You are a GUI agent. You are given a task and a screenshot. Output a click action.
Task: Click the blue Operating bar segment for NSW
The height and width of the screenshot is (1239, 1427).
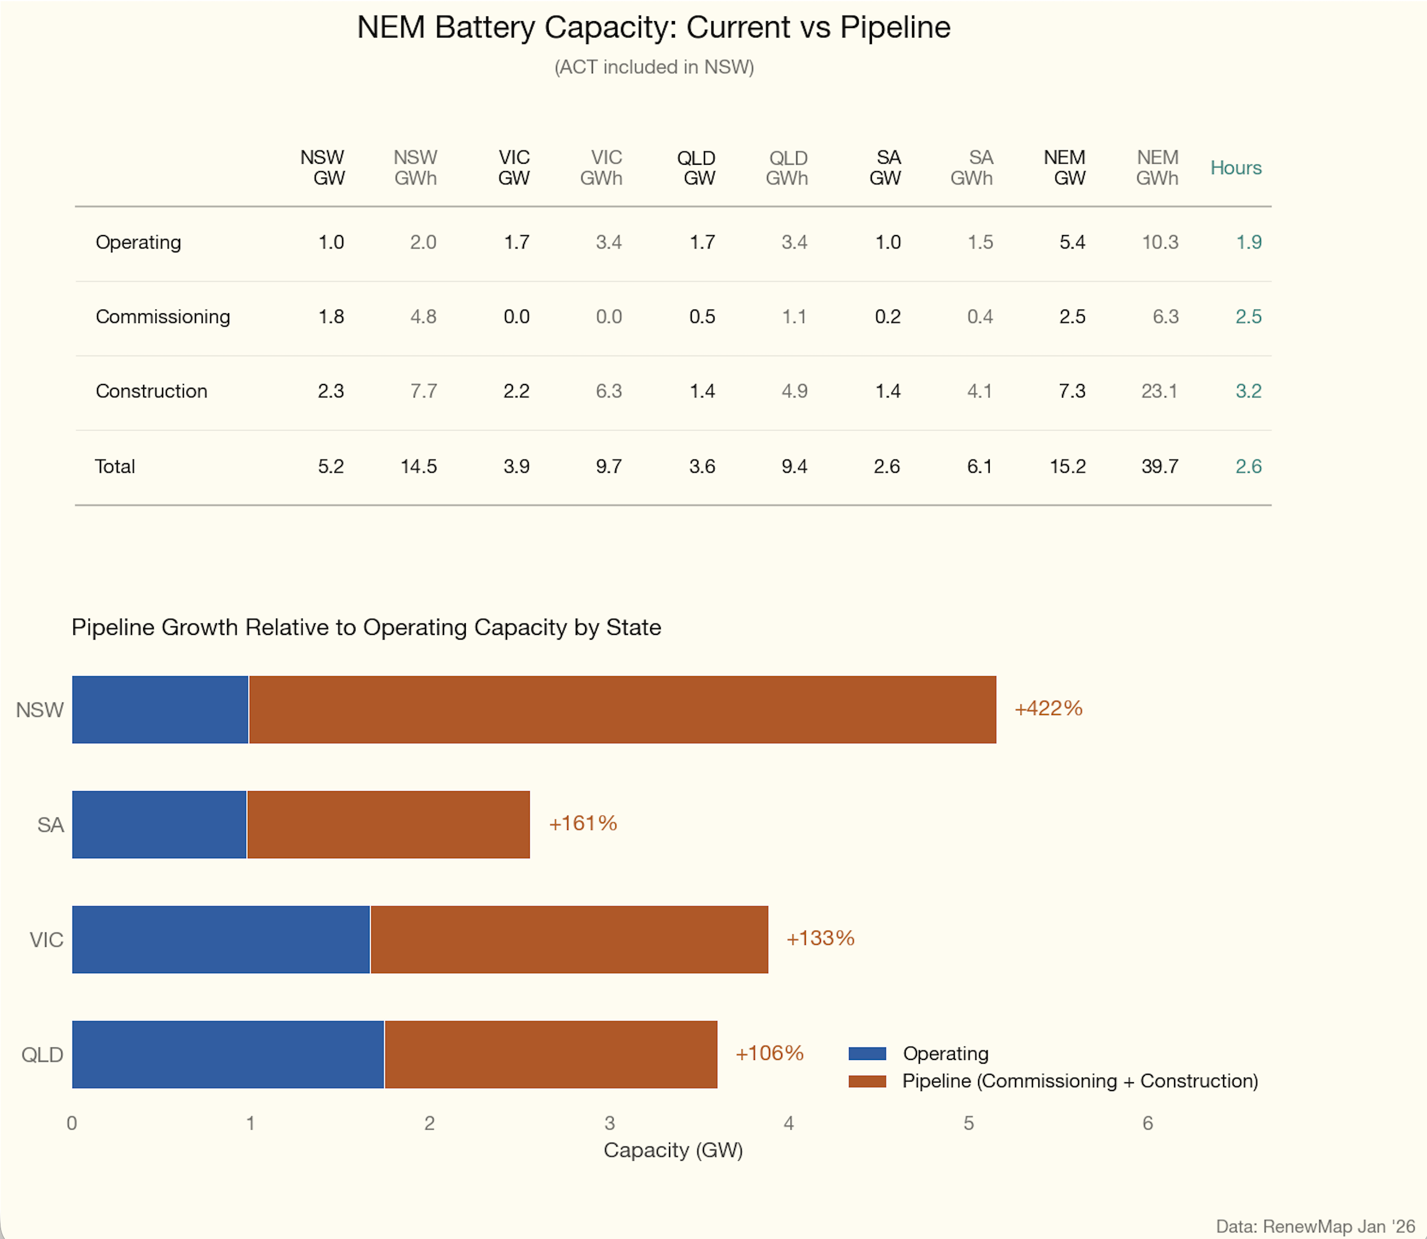(x=159, y=709)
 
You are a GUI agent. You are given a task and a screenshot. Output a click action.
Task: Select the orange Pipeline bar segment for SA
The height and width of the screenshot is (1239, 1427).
(x=388, y=824)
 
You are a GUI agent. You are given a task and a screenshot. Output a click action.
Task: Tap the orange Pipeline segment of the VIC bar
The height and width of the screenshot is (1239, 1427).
(x=569, y=939)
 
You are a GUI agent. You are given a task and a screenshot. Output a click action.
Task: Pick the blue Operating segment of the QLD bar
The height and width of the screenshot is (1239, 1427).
(x=228, y=1054)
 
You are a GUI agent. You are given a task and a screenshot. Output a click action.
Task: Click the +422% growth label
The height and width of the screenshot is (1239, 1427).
(x=1047, y=708)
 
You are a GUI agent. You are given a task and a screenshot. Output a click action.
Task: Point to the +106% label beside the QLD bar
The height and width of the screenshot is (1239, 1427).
(x=769, y=1053)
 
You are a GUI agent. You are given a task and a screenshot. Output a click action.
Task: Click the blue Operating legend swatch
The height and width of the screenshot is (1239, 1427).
(x=867, y=1053)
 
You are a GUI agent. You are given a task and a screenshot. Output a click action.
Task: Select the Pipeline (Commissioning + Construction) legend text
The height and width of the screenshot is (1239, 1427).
(x=1079, y=1081)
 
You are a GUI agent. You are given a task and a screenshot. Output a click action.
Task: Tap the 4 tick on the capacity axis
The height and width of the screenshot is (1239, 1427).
(x=788, y=1123)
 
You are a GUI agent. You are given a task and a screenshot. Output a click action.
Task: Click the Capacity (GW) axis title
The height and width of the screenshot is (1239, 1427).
(x=673, y=1150)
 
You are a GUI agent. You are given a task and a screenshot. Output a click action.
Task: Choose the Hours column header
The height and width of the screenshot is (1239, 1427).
(x=1235, y=168)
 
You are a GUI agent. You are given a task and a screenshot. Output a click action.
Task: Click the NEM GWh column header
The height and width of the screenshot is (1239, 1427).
(x=1157, y=168)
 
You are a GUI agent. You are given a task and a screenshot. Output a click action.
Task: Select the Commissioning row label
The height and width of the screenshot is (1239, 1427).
(x=163, y=317)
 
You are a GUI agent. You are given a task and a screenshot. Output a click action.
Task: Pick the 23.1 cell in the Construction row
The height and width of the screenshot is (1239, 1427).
(x=1159, y=391)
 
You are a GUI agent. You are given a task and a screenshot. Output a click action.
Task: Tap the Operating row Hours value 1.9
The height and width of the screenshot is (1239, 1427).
(x=1248, y=242)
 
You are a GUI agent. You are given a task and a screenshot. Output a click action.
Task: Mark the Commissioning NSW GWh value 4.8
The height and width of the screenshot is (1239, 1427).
(x=423, y=317)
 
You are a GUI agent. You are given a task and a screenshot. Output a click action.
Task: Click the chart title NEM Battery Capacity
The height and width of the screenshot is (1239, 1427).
(x=653, y=27)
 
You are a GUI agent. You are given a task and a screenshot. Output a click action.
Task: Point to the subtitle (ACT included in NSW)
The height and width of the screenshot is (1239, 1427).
(x=653, y=67)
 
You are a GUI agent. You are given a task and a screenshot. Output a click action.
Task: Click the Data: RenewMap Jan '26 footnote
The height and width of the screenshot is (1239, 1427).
(x=1315, y=1226)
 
